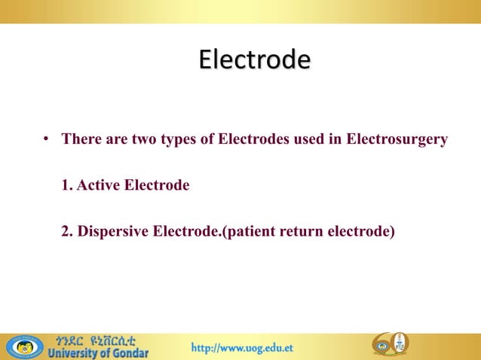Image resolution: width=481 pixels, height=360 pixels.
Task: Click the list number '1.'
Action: (67, 185)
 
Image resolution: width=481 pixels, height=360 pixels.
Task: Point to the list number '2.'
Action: (67, 230)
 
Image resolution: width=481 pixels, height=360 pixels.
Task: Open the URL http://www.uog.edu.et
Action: (242, 348)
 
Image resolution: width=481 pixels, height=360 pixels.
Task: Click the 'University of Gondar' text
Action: (99, 352)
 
